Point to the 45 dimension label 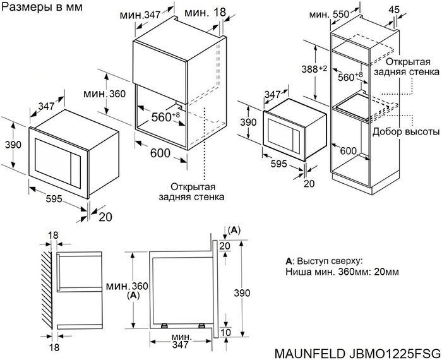click(x=413, y=9)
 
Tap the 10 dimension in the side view click(x=226, y=333)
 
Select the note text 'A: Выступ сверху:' click(x=324, y=261)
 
